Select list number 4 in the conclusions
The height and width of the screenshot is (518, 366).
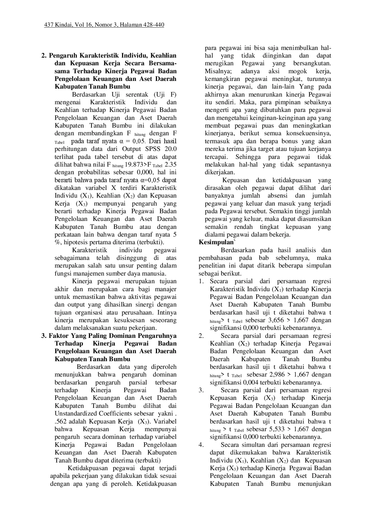pyautogui.click(x=201, y=445)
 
